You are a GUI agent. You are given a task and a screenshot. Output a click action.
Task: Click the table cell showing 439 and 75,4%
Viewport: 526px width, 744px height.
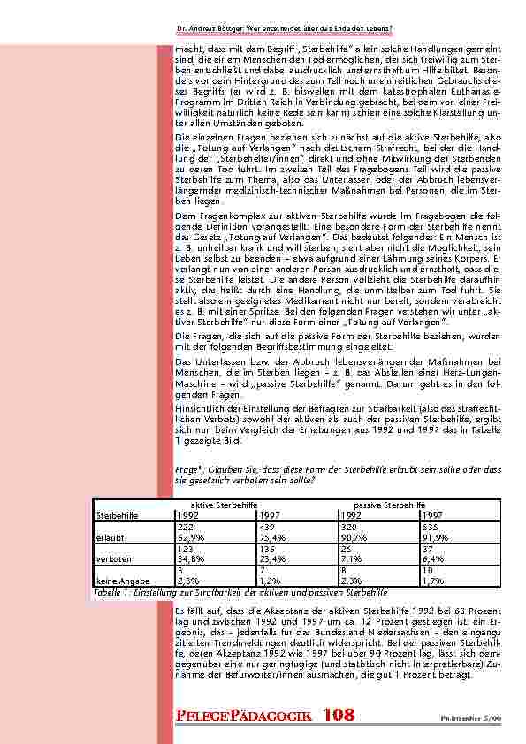click(279, 529)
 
